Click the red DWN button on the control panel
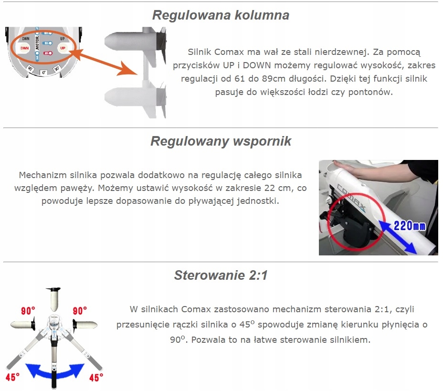(23, 48)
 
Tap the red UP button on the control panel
(62, 48)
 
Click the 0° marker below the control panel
(43, 72)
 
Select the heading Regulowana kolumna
(221, 15)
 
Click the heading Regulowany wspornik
(221, 141)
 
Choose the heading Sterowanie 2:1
(221, 275)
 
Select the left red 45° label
(13, 378)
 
